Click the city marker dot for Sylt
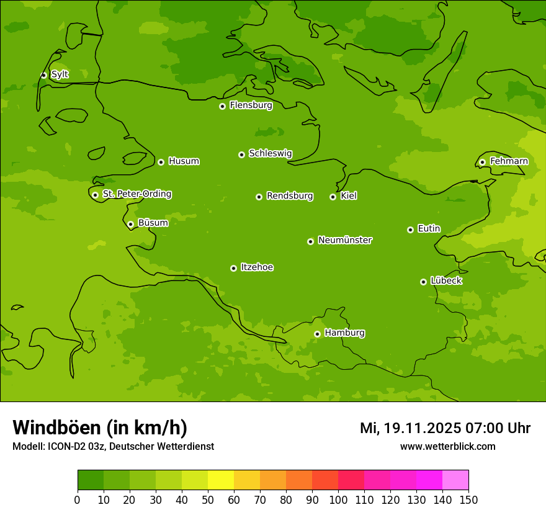pyautogui.click(x=43, y=75)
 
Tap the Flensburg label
pyautogui.click(x=251, y=105)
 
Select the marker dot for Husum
pyautogui.click(x=161, y=162)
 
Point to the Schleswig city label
pyautogui.click(x=270, y=153)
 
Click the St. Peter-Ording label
pyautogui.click(x=136, y=194)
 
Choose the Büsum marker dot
pyautogui.click(x=130, y=224)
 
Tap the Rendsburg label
pyautogui.click(x=289, y=196)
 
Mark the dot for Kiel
pyautogui.click(x=333, y=197)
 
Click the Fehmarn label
pyautogui.click(x=509, y=161)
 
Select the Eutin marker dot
pyautogui.click(x=410, y=230)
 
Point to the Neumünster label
pyautogui.click(x=344, y=240)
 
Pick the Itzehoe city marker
pyautogui.click(x=233, y=268)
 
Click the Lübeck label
pyautogui.click(x=445, y=280)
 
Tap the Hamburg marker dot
pyautogui.click(x=317, y=334)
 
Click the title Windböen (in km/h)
pyautogui.click(x=100, y=428)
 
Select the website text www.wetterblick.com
pyautogui.click(x=447, y=446)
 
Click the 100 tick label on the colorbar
pyautogui.click(x=338, y=500)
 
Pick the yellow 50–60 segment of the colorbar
pyautogui.click(x=221, y=480)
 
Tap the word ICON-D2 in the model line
pyautogui.click(x=65, y=446)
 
